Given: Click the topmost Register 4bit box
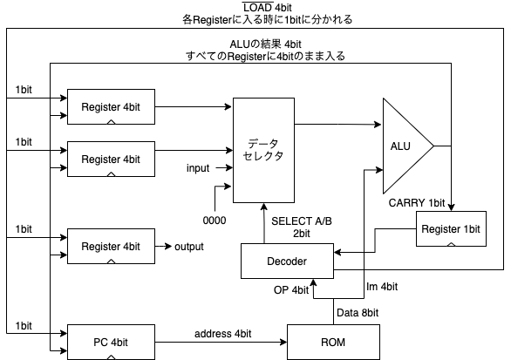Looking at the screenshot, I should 111,106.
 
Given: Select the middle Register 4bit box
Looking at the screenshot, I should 111,160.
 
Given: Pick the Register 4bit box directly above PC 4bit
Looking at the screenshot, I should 111,247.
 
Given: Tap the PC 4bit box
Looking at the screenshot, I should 111,342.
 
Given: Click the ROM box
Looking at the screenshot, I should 333,342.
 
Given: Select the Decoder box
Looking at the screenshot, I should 287,261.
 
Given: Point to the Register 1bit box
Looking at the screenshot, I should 451,228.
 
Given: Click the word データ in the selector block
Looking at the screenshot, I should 263,143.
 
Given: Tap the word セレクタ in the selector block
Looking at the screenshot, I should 263,156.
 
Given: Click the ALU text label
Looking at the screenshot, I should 400,146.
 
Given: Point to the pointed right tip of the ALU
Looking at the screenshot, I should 431,146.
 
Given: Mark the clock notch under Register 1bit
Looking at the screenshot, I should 451,244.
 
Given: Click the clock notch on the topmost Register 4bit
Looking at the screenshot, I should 111,122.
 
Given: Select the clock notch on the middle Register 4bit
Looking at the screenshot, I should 111,174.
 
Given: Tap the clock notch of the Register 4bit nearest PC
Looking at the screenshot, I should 111,262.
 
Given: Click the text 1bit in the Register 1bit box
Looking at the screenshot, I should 470,229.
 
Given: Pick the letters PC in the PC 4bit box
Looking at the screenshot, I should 100,342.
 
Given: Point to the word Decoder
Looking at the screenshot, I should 287,261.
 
